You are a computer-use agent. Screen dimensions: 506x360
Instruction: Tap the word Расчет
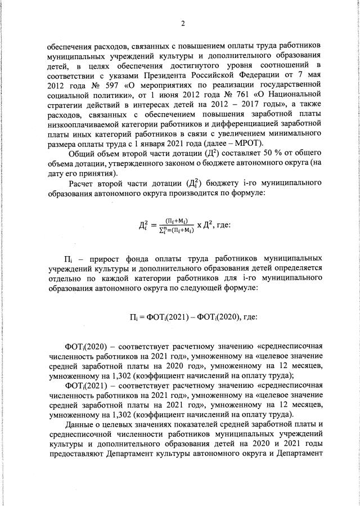[x=84, y=182]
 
